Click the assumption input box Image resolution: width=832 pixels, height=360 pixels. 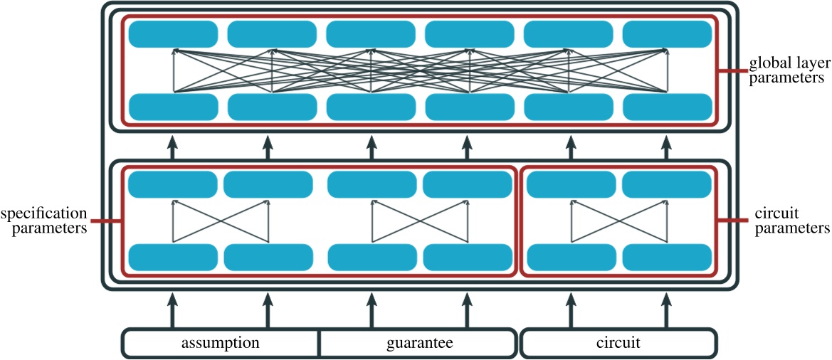[x=221, y=343]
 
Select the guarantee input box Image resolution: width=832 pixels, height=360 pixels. [x=419, y=343]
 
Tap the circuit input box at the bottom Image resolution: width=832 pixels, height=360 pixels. [x=618, y=343]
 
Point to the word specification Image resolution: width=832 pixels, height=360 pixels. [x=44, y=213]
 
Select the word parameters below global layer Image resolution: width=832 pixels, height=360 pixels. [x=786, y=79]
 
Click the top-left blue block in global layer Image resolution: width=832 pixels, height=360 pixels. [x=173, y=33]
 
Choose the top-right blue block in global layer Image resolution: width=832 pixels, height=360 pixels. [x=668, y=33]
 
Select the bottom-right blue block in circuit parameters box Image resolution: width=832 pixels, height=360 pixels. [x=668, y=257]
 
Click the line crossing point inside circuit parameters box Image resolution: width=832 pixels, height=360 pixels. [x=619, y=221]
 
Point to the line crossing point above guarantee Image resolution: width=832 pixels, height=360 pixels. [x=420, y=221]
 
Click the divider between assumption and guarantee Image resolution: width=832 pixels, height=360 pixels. [x=319, y=343]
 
